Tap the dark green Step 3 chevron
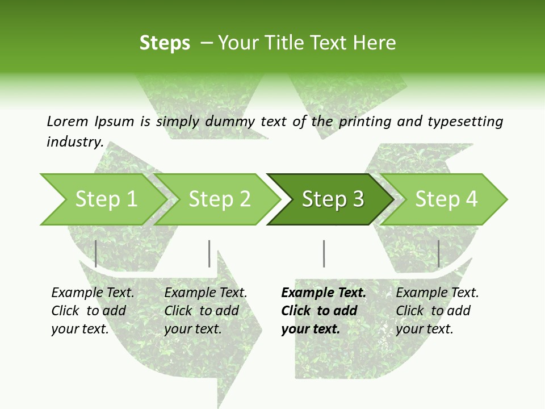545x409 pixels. coord(333,199)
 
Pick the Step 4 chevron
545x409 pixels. coord(446,199)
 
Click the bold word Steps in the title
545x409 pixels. coord(165,43)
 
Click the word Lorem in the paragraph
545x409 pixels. coord(67,121)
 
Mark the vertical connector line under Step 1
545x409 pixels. coord(96,253)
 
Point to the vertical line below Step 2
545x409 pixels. coord(209,253)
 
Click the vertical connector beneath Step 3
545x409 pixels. coord(324,253)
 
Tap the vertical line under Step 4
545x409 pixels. coord(438,253)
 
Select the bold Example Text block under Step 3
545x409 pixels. coord(324,311)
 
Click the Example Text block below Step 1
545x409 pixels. coord(93,311)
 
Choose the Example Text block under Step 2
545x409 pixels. coord(206,311)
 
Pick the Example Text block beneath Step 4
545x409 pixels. coord(437,311)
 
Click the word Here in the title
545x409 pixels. coord(378,43)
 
